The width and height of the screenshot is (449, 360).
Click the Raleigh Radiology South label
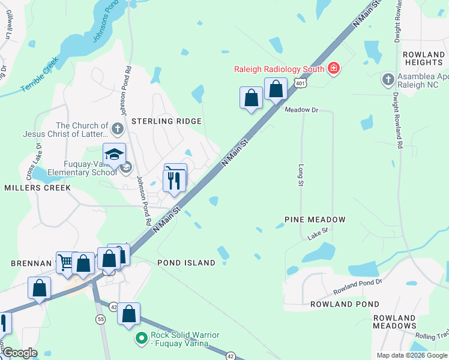tap(279, 69)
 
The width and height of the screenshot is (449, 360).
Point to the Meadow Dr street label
tap(301, 110)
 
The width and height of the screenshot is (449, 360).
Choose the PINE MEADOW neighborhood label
tap(315, 220)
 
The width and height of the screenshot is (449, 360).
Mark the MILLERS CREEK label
tap(37, 188)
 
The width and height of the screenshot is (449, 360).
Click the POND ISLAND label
tap(186, 263)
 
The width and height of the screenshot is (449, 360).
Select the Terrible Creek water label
tap(40, 75)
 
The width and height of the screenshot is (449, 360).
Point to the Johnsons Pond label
tap(102, 29)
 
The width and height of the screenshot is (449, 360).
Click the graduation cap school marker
tap(114, 155)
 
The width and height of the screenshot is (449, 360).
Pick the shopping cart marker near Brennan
tap(65, 262)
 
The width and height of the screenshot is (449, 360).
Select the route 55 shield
tap(100, 319)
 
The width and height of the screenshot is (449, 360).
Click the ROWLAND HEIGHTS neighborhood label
tap(423, 58)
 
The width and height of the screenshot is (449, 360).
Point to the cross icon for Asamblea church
tap(388, 79)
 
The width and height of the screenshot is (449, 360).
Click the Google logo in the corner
tap(19, 353)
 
